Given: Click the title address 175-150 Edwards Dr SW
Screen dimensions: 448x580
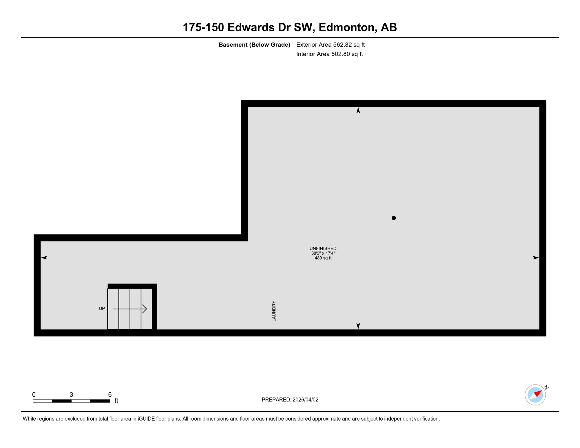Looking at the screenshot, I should coord(289,27).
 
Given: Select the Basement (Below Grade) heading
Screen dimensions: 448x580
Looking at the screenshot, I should coord(254,45).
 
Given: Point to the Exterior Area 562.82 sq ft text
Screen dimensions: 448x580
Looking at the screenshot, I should coord(330,45).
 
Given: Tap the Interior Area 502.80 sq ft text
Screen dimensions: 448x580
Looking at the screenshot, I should coord(329,54).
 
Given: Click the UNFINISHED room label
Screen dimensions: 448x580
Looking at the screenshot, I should coord(323,249).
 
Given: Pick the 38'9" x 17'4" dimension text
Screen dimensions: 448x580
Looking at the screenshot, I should coord(323,253).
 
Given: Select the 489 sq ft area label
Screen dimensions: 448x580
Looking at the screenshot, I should coord(323,258).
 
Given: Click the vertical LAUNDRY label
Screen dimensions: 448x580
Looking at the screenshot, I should coord(274,311).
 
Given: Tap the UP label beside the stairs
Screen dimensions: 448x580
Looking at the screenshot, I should coord(102,308).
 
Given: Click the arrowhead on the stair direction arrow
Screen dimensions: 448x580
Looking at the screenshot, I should coord(145,309).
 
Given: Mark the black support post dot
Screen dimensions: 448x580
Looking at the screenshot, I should coord(394,218).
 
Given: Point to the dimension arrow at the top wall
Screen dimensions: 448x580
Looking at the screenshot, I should coord(358,110).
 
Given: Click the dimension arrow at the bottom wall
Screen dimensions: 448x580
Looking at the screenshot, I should coord(358,326).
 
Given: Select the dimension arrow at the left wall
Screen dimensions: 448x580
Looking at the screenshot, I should coord(44,258).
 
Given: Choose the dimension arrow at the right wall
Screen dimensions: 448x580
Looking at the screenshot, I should coord(536,258).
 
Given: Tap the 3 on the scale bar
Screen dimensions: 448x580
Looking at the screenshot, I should coord(71,395).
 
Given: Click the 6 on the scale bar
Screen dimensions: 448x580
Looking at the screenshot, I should coord(110,395).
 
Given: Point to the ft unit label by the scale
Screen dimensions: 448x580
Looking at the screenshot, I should coord(116,401).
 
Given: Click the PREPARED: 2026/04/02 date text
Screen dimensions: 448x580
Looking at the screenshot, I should coord(290,400).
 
